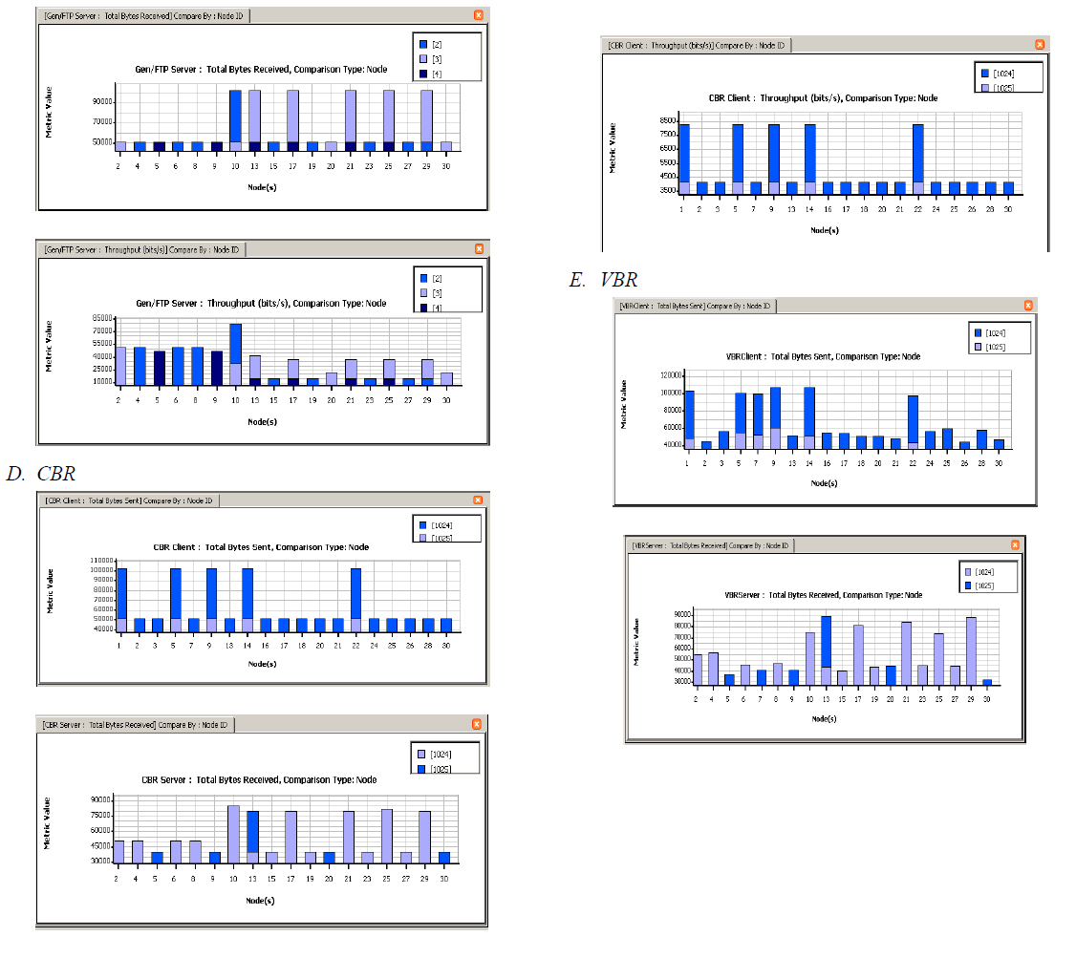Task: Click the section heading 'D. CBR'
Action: [x=40, y=474]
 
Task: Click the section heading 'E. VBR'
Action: [x=603, y=280]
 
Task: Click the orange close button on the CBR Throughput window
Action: [x=1040, y=45]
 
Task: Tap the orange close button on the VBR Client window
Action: [x=1028, y=306]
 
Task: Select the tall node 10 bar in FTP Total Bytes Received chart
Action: [x=235, y=119]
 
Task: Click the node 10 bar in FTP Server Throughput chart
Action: [x=235, y=353]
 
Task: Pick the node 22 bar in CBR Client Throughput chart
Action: [x=917, y=158]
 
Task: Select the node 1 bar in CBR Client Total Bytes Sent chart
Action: [x=121, y=600]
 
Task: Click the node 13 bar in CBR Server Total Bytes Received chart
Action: [x=253, y=837]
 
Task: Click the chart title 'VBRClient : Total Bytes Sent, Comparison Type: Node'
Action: [x=823, y=356]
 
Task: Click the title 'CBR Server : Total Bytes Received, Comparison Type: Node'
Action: [x=259, y=779]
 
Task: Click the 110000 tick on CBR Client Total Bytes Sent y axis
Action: [x=100, y=560]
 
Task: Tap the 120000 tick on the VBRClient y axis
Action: [x=666, y=374]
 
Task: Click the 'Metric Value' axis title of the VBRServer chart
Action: [x=636, y=642]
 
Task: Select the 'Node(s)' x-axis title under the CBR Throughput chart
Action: [x=824, y=230]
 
